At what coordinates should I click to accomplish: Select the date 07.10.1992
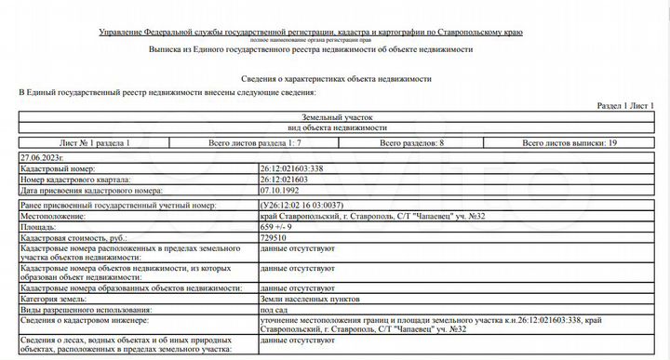pos(281,189)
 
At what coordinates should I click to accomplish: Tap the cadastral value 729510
pos(276,238)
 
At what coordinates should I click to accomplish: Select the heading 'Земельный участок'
pos(338,117)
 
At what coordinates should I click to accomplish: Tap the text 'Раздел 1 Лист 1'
pos(625,107)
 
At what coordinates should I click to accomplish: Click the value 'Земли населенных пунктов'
pos(308,299)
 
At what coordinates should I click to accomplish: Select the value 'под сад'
pos(277,309)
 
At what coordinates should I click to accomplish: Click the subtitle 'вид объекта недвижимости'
pos(338,127)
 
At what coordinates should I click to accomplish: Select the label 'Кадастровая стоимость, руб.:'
pos(73,238)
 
